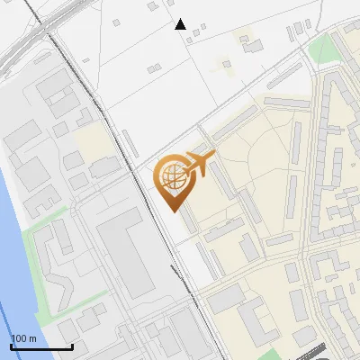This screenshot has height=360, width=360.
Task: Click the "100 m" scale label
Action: [x=23, y=338]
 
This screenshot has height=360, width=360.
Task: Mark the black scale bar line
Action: [x=41, y=346]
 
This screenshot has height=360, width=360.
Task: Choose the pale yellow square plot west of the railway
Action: [x=90, y=139]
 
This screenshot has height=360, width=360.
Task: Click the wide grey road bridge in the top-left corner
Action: [x=22, y=40]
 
